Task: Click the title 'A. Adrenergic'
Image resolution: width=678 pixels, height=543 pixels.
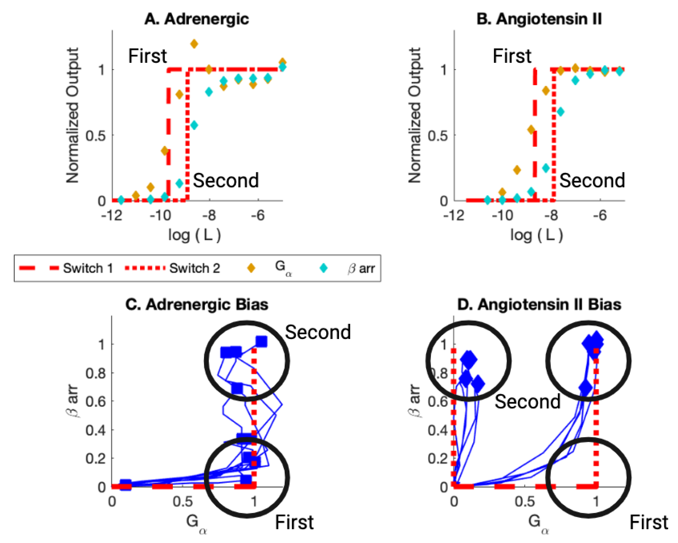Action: pos(197,19)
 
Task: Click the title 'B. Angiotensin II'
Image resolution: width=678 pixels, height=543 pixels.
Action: pos(539,19)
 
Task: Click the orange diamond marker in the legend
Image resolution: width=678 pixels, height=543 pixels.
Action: pos(251,268)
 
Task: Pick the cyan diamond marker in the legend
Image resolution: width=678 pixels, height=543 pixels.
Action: pos(323,268)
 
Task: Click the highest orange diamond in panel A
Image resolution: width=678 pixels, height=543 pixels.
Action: pos(194,44)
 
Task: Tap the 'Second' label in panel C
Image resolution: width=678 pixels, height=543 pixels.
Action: pos(318,332)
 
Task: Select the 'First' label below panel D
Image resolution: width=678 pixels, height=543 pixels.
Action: pos(648,522)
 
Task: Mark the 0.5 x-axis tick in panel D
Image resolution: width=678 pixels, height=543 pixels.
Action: pos(525,502)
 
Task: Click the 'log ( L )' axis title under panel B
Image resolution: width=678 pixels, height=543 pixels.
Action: pos(536,235)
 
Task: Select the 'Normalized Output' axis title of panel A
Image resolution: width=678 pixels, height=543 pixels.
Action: pos(72,115)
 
